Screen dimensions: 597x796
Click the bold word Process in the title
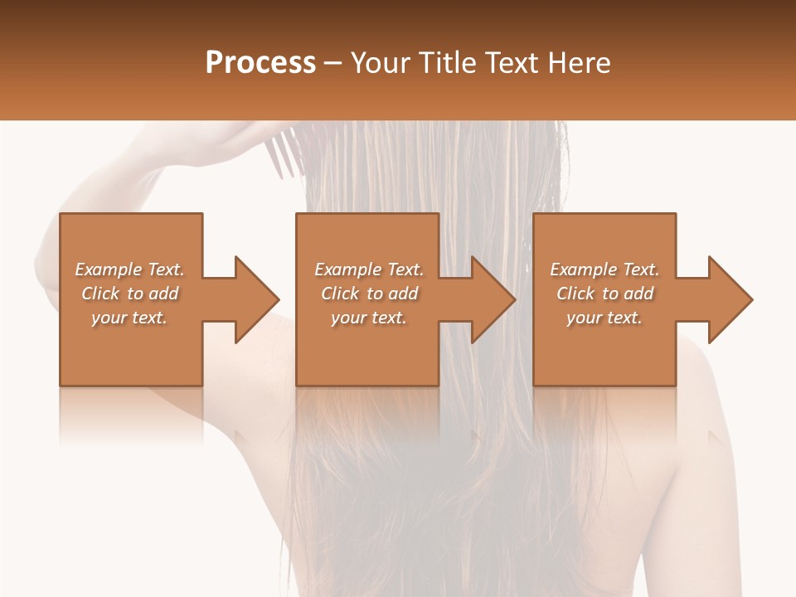pyautogui.click(x=260, y=63)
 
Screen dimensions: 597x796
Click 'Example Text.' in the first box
pyautogui.click(x=129, y=269)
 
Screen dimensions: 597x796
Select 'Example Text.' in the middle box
pyautogui.click(x=369, y=269)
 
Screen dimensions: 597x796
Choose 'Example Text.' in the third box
pyautogui.click(x=604, y=269)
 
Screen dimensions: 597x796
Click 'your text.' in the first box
pyautogui.click(x=129, y=318)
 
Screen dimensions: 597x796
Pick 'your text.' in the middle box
pyautogui.click(x=369, y=318)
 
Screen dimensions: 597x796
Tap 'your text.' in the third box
pyautogui.click(x=604, y=318)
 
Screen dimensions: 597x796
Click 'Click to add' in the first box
pyautogui.click(x=129, y=294)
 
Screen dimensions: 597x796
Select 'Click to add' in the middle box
pyautogui.click(x=369, y=294)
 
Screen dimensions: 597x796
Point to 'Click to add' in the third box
pyautogui.click(x=604, y=294)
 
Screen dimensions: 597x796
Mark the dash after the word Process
pyautogui.click(x=332, y=64)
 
